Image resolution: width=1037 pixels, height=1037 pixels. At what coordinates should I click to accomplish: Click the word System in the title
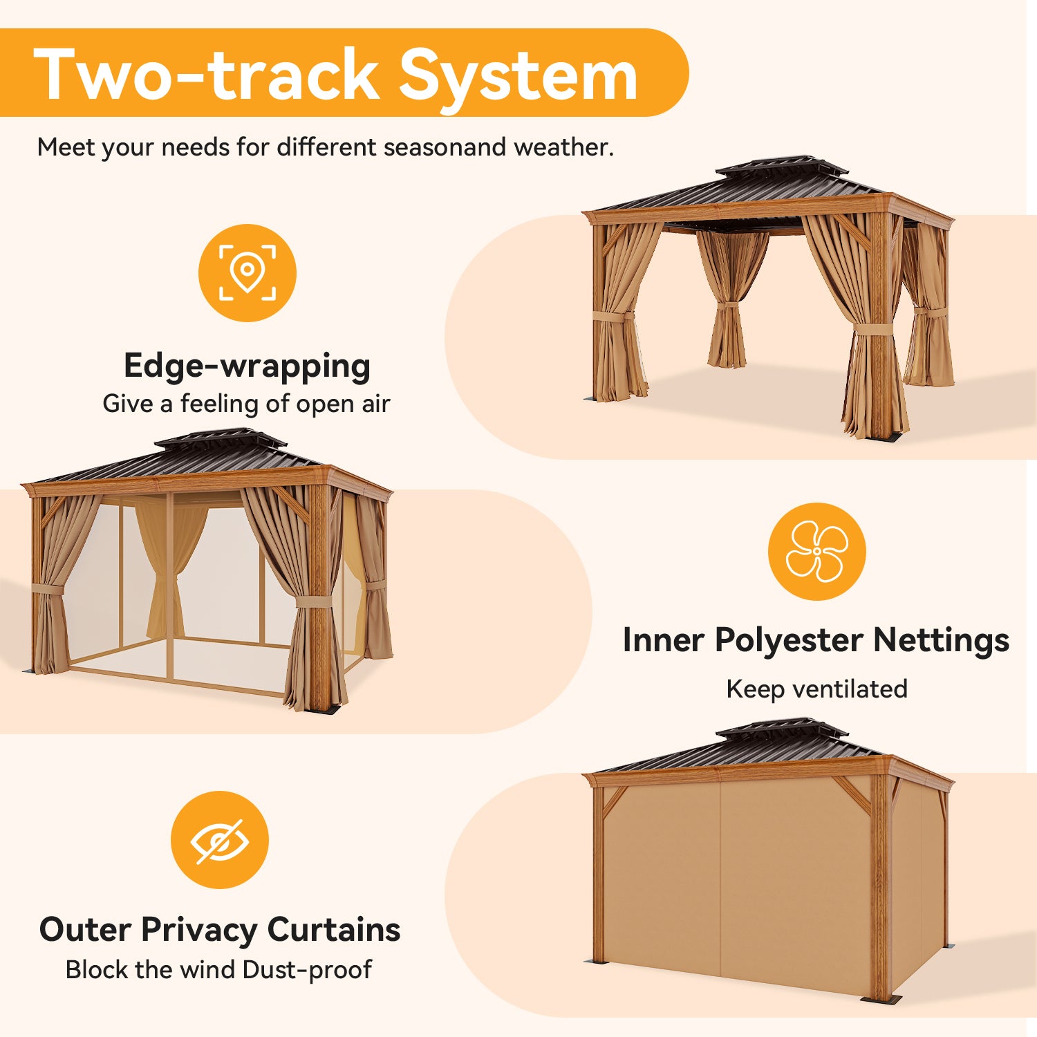tap(518, 75)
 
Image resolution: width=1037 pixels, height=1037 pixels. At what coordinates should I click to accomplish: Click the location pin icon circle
tap(247, 273)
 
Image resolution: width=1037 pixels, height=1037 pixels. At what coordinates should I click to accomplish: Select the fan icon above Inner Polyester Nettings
tap(816, 551)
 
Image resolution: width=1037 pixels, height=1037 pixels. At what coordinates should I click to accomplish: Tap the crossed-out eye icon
tap(220, 840)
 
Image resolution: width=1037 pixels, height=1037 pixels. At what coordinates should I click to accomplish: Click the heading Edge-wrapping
tap(247, 366)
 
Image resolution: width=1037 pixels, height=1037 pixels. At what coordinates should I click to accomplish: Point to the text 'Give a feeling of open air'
tap(246, 403)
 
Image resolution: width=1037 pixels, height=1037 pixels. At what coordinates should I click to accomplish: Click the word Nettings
tap(941, 640)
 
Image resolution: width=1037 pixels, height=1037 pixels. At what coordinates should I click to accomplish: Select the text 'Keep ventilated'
tap(816, 689)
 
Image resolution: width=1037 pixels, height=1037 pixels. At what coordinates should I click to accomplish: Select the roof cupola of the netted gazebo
tap(221, 440)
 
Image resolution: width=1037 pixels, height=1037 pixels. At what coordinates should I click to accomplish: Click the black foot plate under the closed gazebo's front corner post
tap(882, 1000)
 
